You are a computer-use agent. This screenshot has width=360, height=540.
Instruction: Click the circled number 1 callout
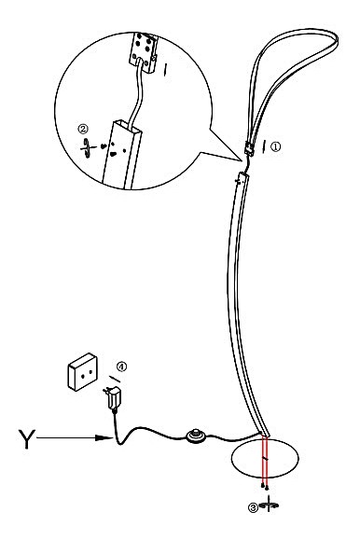tap(275, 147)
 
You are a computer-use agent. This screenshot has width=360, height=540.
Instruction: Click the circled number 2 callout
tap(83, 129)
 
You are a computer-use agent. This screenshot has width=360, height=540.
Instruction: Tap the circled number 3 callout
tap(253, 507)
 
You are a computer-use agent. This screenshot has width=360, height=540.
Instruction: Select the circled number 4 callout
tap(121, 367)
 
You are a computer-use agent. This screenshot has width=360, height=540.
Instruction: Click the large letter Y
tap(26, 438)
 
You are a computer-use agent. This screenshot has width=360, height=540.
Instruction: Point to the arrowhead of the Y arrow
tap(104, 437)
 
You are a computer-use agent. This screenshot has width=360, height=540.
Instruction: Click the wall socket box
tap(83, 372)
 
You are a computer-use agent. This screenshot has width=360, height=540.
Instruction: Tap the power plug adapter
tap(113, 398)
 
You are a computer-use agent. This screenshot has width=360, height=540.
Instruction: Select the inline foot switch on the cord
tap(196, 436)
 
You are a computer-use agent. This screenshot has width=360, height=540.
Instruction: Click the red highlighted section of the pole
tap(265, 460)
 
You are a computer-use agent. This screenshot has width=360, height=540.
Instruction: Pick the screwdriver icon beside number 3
tap(269, 504)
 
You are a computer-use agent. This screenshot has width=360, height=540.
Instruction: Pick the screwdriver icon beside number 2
tap(88, 147)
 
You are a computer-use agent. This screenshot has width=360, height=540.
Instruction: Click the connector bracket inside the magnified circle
tap(144, 52)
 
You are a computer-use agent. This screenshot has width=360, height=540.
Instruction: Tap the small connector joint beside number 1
tap(249, 148)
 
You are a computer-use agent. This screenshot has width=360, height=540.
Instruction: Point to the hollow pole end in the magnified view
tap(122, 153)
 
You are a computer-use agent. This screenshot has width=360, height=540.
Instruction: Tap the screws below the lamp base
tap(265, 486)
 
